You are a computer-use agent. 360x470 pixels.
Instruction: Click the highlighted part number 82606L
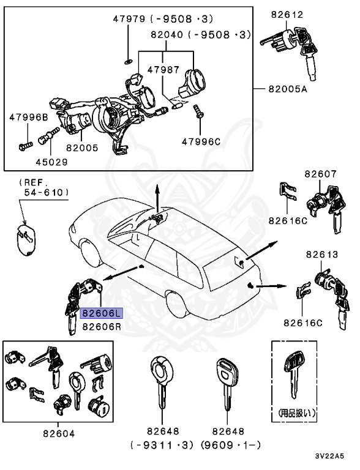click(102, 314)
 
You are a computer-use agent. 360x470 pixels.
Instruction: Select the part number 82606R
click(102, 326)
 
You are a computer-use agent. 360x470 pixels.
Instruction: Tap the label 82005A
click(287, 89)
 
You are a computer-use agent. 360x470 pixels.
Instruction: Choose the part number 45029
click(51, 162)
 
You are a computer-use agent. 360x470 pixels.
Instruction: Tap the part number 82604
click(59, 433)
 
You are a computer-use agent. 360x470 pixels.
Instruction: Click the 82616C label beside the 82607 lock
click(287, 220)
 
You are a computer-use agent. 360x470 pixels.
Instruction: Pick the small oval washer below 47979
click(127, 61)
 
